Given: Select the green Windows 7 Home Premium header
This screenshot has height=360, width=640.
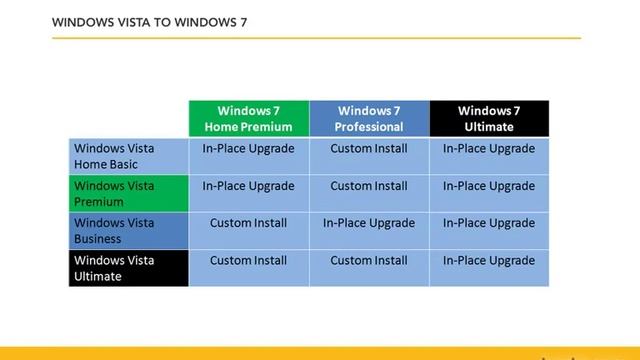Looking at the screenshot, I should [249, 118].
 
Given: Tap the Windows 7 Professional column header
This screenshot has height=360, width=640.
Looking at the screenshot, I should [369, 118].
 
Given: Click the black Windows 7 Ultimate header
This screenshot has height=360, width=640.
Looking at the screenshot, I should [489, 118].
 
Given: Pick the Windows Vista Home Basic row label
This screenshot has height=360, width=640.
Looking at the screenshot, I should [128, 156].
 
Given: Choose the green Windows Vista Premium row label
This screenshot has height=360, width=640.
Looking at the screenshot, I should [128, 193].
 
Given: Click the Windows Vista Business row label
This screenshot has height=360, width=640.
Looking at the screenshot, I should [128, 230].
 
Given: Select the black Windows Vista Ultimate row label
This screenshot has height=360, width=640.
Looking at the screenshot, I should [128, 267].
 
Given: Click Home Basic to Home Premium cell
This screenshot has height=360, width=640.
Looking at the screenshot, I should [249, 149].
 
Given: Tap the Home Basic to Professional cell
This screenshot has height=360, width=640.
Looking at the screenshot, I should [369, 149].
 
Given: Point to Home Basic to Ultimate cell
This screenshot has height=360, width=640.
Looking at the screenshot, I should [489, 149].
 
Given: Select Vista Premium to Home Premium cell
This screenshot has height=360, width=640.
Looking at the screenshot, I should [249, 186].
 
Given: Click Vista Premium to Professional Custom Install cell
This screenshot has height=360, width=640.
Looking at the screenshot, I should [369, 186].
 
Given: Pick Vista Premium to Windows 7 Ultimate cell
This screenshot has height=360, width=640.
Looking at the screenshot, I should [489, 186].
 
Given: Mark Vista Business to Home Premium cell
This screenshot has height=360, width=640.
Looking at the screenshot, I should [249, 223].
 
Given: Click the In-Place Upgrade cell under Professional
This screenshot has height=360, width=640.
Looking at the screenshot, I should [369, 223].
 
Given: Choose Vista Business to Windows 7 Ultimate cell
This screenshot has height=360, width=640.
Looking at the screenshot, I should [489, 223].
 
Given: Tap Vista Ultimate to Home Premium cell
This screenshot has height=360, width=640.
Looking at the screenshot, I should [249, 261].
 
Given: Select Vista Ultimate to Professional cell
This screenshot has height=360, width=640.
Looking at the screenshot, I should [369, 261].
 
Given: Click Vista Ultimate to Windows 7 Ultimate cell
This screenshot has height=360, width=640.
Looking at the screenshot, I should [489, 261].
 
